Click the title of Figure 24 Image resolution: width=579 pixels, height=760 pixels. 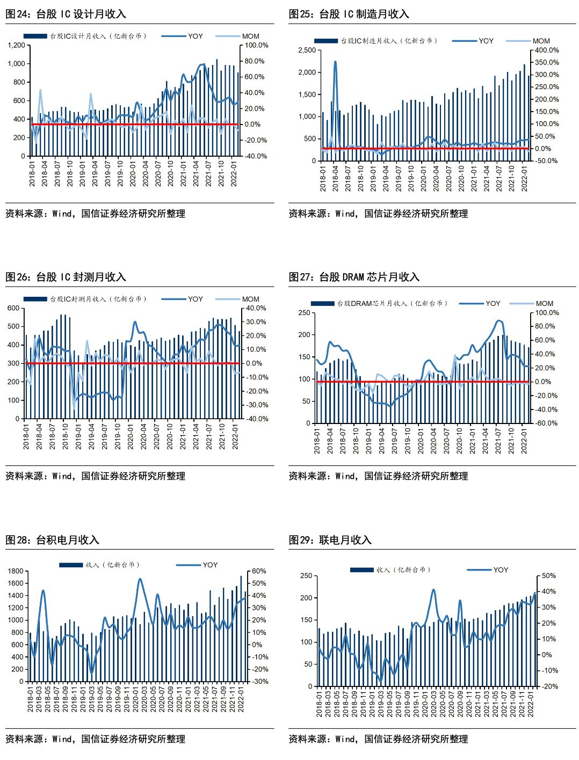point(66,14)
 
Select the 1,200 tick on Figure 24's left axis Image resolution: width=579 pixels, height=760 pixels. point(17,45)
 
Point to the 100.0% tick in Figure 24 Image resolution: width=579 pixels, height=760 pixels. point(256,45)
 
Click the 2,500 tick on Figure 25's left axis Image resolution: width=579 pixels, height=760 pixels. point(307,50)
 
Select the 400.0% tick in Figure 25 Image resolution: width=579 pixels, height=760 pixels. point(546,50)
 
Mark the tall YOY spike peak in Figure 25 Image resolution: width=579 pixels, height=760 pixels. point(335,62)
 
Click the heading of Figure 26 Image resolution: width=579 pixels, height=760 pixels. point(66,277)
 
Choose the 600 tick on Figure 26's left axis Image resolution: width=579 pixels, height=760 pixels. point(13,308)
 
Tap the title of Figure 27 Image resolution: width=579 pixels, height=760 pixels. point(354,277)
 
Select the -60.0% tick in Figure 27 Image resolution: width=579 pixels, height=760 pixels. point(546,423)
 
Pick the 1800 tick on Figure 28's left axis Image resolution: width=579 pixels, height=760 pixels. point(16,571)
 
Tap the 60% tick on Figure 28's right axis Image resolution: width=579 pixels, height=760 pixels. point(259,571)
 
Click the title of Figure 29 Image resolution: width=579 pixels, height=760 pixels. point(330,540)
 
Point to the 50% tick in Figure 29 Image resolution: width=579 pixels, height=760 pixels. point(548,575)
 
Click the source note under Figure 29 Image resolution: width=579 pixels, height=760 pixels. point(378,739)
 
